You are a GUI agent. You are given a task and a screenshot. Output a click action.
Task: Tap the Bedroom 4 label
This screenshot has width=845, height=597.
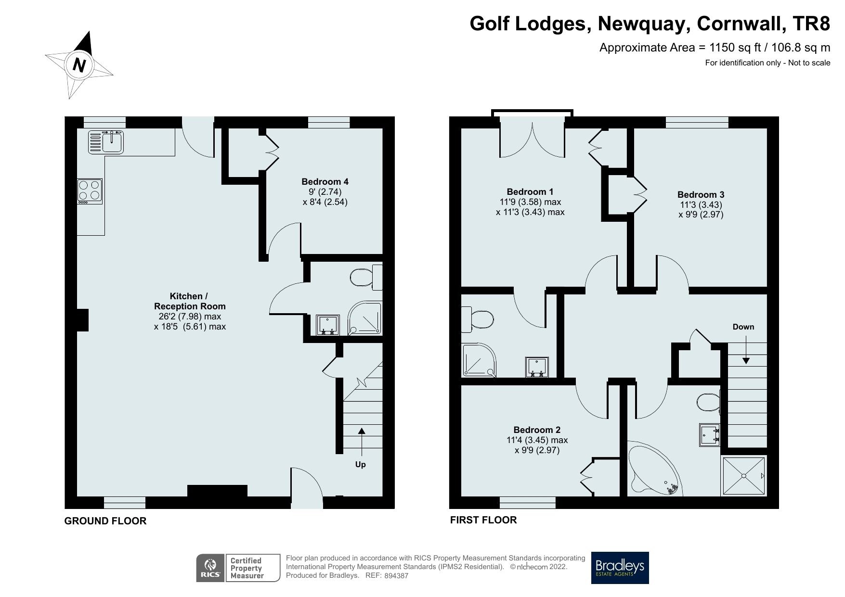coord(325,182)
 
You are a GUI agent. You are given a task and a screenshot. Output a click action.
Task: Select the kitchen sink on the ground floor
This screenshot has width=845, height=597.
coord(106,141)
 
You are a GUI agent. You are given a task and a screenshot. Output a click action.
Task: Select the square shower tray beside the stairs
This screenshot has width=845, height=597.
coord(743,475)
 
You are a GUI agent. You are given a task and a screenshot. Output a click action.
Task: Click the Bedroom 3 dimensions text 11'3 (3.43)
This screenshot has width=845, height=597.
coord(701,204)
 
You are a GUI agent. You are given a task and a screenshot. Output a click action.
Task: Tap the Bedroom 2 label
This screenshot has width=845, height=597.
coord(537,430)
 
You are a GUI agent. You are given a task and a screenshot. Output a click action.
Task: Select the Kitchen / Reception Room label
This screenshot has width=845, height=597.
coord(190,301)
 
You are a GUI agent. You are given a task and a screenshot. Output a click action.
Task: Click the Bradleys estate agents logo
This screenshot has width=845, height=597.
coord(620,568)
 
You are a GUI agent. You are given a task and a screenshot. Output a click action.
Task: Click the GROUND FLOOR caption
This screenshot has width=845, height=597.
coord(105,521)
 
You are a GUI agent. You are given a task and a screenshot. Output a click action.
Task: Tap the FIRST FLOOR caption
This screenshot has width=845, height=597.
coord(483,520)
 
